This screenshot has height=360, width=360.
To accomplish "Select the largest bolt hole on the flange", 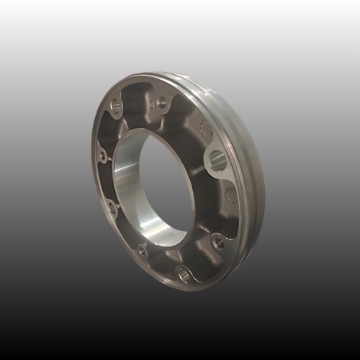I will point(218,160).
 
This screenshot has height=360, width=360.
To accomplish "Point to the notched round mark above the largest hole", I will point(206,130).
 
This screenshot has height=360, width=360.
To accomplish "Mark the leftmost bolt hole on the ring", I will point(103,156).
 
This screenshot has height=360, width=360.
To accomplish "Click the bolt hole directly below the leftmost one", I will point(112,208).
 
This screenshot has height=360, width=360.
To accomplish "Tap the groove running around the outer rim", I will point(246,144).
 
